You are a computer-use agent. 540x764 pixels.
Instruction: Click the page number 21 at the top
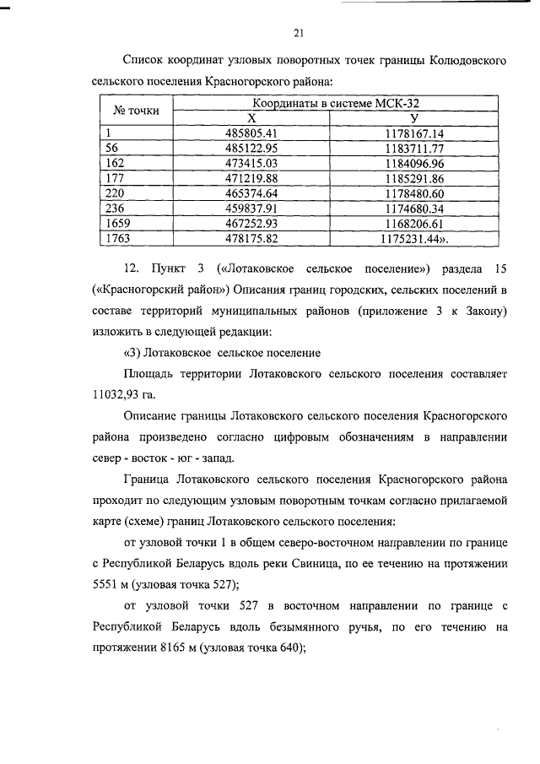298,34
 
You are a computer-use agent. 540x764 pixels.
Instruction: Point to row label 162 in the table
112,162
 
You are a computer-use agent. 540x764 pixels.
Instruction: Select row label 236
112,208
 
